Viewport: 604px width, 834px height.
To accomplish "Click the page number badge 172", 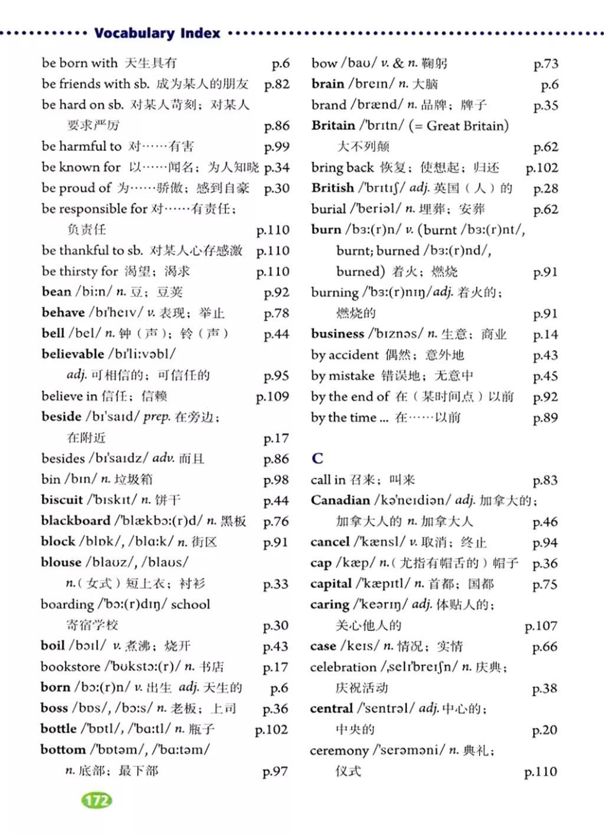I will pyautogui.click(x=96, y=800).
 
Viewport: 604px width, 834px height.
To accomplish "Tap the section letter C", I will pyautogui.click(x=317, y=458).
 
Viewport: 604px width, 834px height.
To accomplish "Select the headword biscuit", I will pyautogui.click(x=62, y=500).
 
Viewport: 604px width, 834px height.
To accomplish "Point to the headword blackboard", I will pyautogui.click(x=75, y=520).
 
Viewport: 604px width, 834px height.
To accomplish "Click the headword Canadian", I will pyautogui.click(x=340, y=500).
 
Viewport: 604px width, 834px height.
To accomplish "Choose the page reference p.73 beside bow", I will pyautogui.click(x=545, y=64).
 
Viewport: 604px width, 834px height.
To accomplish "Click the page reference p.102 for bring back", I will pyautogui.click(x=541, y=168).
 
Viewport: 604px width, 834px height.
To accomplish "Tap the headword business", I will pyautogui.click(x=337, y=334).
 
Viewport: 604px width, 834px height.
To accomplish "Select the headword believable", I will pyautogui.click(x=73, y=354).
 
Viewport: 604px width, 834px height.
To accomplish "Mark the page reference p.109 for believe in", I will pyautogui.click(x=273, y=397).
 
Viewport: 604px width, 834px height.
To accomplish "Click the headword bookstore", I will pyautogui.click(x=70, y=667).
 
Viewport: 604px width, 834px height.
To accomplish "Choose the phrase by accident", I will pyautogui.click(x=344, y=355).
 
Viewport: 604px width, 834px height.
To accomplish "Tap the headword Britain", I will pyautogui.click(x=333, y=126).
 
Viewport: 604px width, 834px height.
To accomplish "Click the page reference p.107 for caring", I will pyautogui.click(x=540, y=626).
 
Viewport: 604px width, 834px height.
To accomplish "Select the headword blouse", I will pyautogui.click(x=61, y=562).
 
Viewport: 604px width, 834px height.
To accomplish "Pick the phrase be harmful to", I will pyautogui.click(x=81, y=146).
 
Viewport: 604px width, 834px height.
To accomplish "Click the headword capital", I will pyautogui.click(x=330, y=584).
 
